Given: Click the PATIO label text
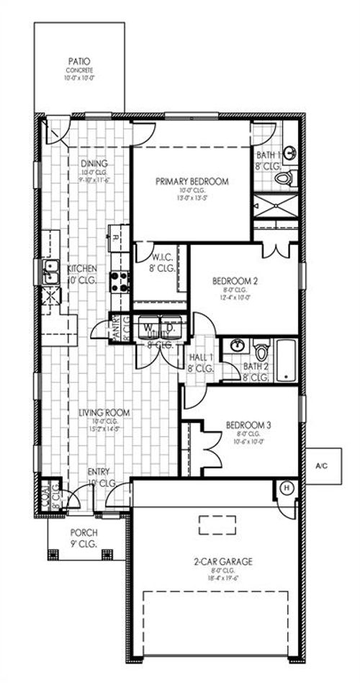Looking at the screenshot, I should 79,63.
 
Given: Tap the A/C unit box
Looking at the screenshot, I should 321,466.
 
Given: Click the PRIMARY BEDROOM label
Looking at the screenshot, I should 192,182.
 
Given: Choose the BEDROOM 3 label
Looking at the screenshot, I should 248,425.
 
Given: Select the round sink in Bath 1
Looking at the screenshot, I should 290,153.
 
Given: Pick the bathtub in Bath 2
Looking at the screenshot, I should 286,360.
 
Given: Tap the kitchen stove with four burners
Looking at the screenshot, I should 119,281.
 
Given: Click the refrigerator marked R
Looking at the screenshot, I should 116,236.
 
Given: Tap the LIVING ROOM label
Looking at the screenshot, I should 104,412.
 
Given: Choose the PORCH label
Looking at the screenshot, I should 84,532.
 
